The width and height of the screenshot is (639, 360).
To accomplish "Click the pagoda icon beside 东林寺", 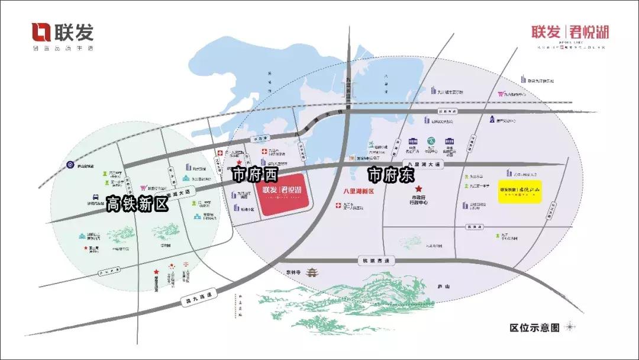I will (x=311, y=272).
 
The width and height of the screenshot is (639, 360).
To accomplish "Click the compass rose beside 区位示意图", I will (x=570, y=327).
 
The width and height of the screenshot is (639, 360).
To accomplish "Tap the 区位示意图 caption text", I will (x=534, y=327).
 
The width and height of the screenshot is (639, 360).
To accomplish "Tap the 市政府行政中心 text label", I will (x=419, y=202).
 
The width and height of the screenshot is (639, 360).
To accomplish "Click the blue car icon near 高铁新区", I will (x=95, y=197).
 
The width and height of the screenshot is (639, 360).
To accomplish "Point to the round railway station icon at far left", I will (x=70, y=165).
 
